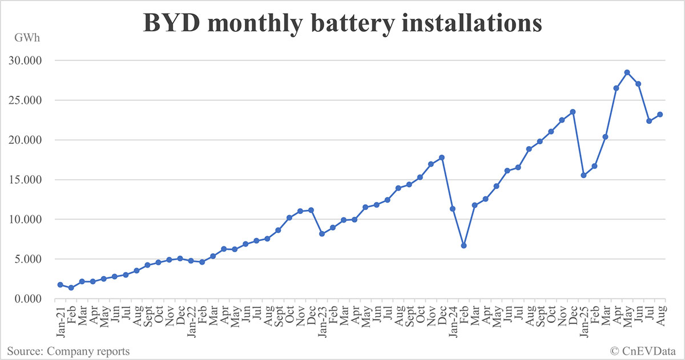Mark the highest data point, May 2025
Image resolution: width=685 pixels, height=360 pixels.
[627, 72]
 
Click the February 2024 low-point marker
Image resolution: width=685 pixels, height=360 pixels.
[464, 245]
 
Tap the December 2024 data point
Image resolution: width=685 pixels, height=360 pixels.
[573, 112]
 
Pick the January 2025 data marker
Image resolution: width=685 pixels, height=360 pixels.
[583, 175]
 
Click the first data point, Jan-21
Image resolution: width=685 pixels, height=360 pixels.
[60, 285]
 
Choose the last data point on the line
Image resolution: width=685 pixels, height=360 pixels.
[660, 114]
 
